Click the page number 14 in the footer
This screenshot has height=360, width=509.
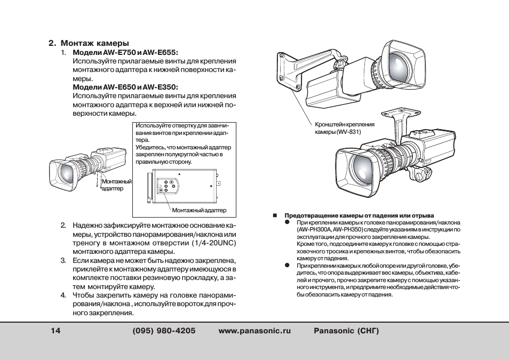coord(56,331)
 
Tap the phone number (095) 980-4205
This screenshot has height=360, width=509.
coord(164,331)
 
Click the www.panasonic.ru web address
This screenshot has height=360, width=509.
coord(255,331)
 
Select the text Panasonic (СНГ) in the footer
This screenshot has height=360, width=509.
coord(346,331)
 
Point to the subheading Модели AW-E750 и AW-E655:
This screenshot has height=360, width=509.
coord(125,53)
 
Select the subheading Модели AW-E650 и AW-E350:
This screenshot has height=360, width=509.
coord(125,87)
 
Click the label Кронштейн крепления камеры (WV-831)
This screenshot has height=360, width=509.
coord(345,128)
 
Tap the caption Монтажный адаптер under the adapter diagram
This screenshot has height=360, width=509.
coord(199,210)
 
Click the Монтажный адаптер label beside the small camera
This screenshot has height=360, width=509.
coord(116,185)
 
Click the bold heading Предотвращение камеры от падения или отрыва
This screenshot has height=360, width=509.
coord(359,215)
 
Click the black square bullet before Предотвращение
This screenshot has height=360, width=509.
coord(275,215)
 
